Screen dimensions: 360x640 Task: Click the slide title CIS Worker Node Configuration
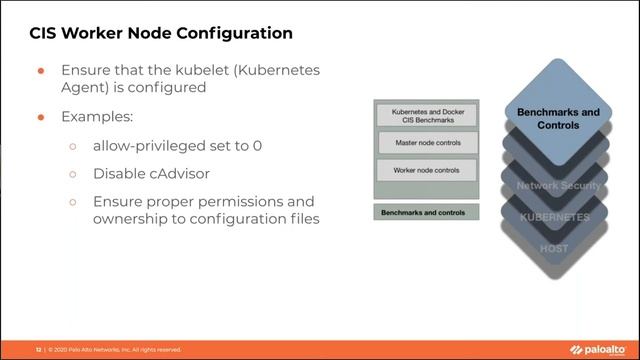[160, 33]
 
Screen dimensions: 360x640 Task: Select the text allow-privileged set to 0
[177, 145]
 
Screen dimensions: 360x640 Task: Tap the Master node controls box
[427, 143]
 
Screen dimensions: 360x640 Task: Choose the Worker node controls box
[427, 170]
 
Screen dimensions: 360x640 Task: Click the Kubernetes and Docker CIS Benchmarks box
[427, 115]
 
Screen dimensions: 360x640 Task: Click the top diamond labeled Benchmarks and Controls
[558, 119]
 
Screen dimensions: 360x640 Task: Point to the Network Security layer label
[558, 186]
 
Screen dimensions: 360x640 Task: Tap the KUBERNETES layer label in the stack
[555, 216]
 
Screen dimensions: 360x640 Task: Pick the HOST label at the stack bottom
[554, 247]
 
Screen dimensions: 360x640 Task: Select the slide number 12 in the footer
[39, 350]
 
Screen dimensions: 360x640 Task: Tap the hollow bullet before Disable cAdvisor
[72, 174]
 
